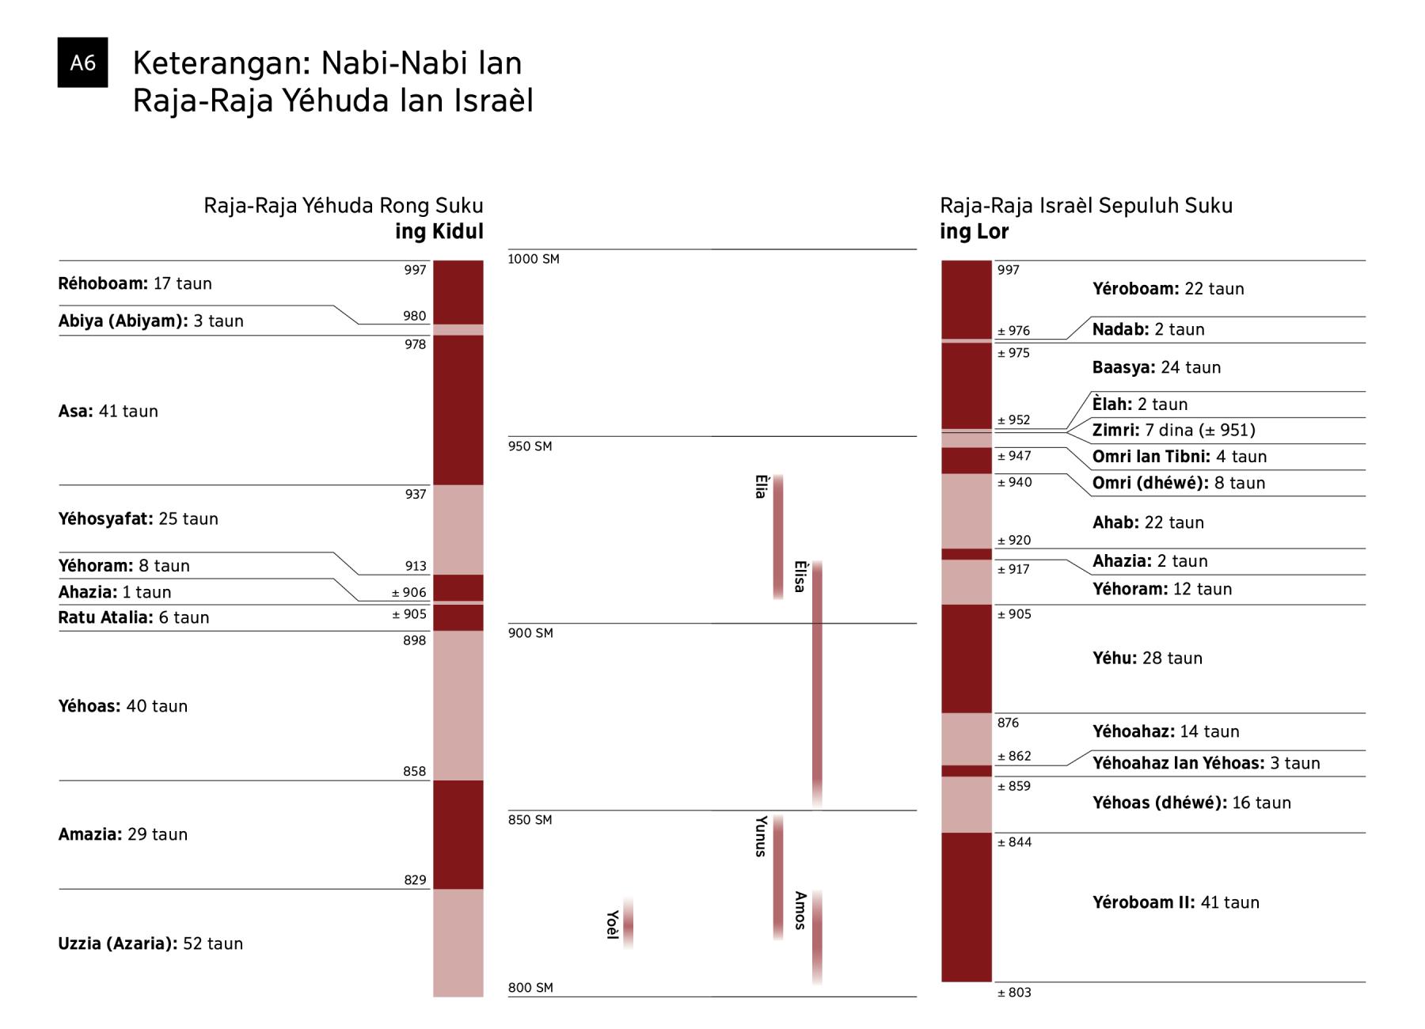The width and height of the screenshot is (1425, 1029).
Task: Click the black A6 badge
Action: [82, 63]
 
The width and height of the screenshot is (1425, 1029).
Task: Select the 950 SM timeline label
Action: [530, 446]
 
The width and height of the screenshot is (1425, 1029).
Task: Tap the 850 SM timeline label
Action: [530, 820]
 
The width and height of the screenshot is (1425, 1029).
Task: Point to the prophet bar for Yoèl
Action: [628, 923]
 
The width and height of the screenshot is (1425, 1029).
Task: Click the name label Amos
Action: [800, 910]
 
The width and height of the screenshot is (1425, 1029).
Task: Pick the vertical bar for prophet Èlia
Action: [778, 537]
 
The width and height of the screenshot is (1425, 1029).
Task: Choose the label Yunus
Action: [760, 837]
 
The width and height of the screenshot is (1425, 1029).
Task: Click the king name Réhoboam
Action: [103, 283]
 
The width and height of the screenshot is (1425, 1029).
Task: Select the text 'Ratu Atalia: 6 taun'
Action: [134, 617]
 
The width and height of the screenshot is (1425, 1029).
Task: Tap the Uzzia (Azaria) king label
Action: [150, 944]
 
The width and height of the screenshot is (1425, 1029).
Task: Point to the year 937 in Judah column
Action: [415, 494]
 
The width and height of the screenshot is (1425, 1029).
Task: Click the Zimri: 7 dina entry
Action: [1173, 431]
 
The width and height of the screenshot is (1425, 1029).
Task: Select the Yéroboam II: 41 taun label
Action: [1176, 902]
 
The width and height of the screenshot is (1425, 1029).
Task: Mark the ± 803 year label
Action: [1014, 993]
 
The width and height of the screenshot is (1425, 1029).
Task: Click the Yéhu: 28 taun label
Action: [1147, 658]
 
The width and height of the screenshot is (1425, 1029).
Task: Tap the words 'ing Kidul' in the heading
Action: [439, 231]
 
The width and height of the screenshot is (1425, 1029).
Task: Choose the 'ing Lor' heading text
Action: [974, 231]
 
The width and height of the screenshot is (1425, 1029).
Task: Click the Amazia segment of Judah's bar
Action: [458, 834]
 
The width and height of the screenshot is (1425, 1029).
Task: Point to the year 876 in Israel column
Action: [1008, 723]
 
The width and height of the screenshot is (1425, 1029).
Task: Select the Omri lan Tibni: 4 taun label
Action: [1179, 457]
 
